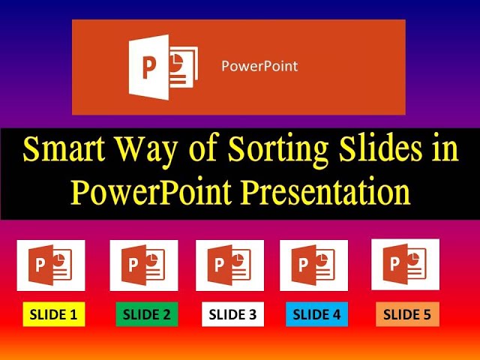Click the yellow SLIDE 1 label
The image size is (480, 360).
click(54, 315)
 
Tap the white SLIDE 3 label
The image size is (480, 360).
click(232, 315)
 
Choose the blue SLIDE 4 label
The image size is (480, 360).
click(317, 315)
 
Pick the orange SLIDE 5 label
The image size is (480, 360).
click(407, 314)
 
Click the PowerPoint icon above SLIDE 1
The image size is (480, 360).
click(51, 265)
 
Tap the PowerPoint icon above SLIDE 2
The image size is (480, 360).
click(143, 265)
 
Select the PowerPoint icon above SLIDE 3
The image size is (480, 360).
click(229, 265)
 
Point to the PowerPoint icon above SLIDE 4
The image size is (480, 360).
click(313, 265)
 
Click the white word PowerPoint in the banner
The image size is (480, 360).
click(259, 66)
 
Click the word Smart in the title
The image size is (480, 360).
click(62, 150)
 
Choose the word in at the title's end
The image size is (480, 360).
click(443, 149)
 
